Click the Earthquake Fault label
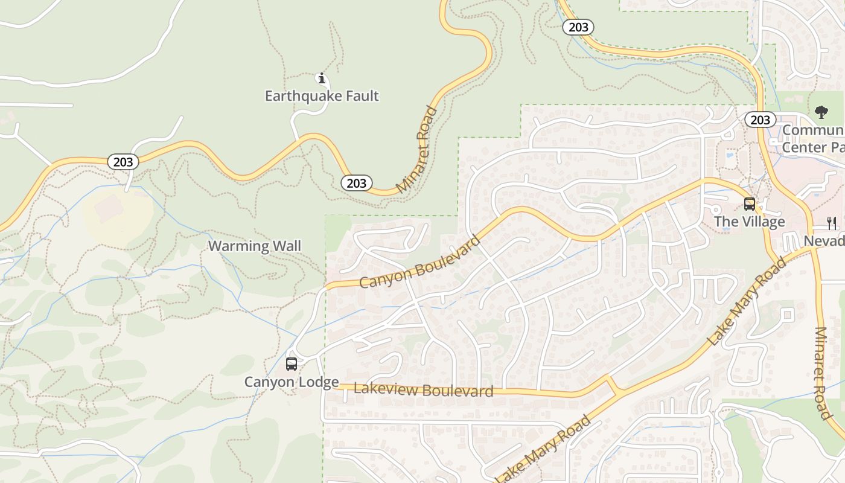coord(322,96)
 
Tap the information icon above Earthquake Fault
coord(322,78)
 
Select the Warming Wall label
coord(254,246)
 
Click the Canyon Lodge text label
coord(291,382)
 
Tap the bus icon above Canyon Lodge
coord(291,364)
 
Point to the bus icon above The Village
coord(749,204)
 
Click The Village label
coord(749,222)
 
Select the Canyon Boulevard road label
coord(420,261)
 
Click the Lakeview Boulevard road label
coord(423,390)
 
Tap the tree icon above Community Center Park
coord(821,112)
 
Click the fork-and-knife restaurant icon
coord(832,223)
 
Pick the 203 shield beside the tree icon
coord(760,120)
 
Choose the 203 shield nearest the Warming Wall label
coord(123,162)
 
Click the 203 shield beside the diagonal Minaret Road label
coord(356,183)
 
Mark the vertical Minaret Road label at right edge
coord(821,373)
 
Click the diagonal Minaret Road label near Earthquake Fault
coord(417,150)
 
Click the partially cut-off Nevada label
coord(824,241)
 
